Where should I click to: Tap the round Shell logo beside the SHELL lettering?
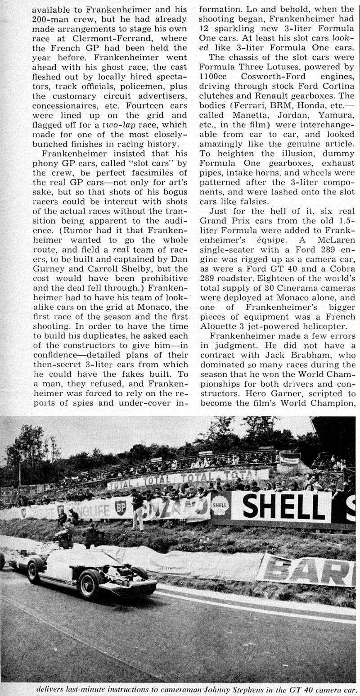(220, 505)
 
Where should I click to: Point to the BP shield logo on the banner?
(120, 507)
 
